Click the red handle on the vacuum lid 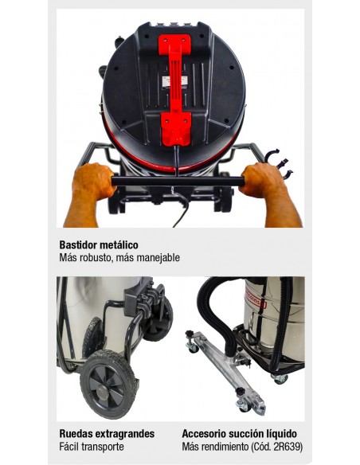click(x=174, y=89)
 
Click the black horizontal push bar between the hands click(x=178, y=181)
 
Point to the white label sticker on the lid click(x=174, y=83)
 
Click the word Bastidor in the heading click(x=77, y=245)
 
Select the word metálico click(x=119, y=245)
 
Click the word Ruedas click(x=76, y=434)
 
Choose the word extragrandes click(x=124, y=434)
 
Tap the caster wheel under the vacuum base click(x=280, y=379)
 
